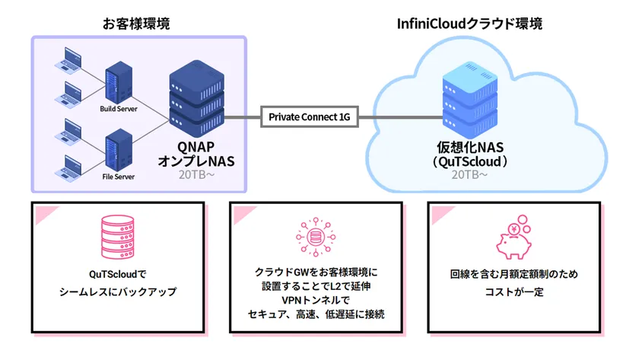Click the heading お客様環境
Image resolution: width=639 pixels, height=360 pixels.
click(x=136, y=24)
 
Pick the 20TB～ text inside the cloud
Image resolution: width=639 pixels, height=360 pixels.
click(x=469, y=175)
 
